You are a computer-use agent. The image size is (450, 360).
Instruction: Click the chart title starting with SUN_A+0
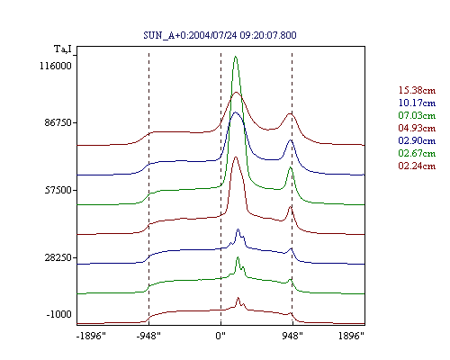(220, 35)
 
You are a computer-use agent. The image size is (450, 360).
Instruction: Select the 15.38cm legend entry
(417, 90)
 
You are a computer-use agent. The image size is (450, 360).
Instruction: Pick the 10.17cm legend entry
(417, 103)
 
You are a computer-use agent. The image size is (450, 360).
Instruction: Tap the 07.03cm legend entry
(417, 115)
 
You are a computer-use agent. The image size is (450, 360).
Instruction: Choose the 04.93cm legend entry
(417, 128)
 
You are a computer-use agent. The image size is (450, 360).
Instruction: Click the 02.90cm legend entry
(417, 140)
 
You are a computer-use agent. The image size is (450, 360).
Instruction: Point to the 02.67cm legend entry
(417, 153)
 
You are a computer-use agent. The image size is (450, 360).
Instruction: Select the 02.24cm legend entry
(417, 166)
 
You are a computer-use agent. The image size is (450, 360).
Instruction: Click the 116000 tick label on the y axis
(56, 66)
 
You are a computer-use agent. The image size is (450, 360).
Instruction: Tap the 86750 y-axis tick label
(58, 122)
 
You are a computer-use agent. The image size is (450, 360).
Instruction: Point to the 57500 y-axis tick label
(58, 190)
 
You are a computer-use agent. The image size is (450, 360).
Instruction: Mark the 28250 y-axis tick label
(58, 257)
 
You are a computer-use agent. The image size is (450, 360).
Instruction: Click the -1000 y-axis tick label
(59, 314)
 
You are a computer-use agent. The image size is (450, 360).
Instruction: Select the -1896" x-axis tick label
(92, 336)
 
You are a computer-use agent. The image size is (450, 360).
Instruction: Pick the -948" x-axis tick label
(148, 336)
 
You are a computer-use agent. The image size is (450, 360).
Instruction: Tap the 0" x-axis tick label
(220, 336)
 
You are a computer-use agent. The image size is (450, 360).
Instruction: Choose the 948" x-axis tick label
(292, 336)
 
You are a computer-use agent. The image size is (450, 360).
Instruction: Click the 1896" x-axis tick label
(351, 336)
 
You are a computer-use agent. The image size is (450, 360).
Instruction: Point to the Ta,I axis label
(63, 49)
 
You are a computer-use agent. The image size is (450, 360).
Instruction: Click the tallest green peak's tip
(236, 56)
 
